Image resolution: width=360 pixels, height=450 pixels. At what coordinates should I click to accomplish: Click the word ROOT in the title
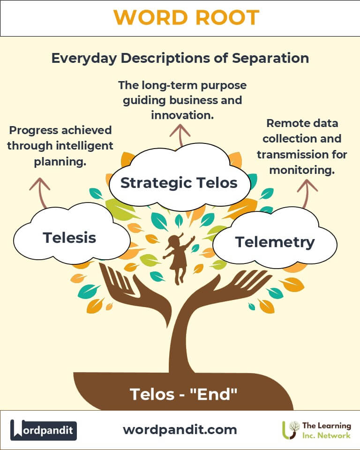(x=227, y=18)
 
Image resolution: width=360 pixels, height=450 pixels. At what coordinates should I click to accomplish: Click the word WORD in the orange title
(x=151, y=18)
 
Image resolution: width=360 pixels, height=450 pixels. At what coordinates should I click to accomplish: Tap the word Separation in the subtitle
(x=270, y=58)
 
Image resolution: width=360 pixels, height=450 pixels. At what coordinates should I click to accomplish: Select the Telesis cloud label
(x=69, y=238)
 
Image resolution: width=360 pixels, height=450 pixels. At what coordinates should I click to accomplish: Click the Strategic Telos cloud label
(x=179, y=183)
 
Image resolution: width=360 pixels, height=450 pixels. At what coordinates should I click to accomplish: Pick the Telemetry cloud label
(x=275, y=242)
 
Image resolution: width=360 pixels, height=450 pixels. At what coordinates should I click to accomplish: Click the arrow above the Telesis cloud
(x=41, y=192)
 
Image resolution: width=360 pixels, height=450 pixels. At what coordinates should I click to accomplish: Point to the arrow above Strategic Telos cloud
(x=180, y=135)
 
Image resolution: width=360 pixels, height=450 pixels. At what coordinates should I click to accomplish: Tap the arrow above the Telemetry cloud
(x=307, y=193)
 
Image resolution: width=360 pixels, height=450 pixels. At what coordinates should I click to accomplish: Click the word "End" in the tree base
(x=214, y=394)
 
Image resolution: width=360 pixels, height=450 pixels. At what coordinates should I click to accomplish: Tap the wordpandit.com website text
(x=180, y=430)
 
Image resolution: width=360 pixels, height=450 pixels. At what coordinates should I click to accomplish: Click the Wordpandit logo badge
(x=43, y=430)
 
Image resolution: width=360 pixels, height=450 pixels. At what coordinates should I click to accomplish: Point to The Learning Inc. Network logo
(x=317, y=430)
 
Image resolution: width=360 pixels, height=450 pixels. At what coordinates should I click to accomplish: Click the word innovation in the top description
(x=182, y=115)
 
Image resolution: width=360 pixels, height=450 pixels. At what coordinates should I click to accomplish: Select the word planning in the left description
(x=60, y=162)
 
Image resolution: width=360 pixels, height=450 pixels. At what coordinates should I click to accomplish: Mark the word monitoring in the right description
(x=302, y=170)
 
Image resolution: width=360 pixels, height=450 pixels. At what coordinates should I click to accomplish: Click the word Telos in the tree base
(x=152, y=394)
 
